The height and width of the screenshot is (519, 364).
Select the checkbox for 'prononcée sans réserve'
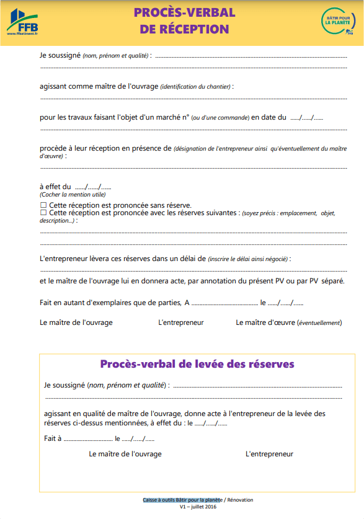tap(43, 205)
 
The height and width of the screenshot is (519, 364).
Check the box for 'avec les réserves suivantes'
tap(43, 213)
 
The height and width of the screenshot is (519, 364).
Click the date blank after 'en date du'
tap(306, 117)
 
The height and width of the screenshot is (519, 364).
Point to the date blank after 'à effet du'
tap(93, 187)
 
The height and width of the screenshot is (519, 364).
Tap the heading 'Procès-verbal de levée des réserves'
tap(197, 364)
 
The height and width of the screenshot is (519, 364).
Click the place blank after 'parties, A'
tap(224, 303)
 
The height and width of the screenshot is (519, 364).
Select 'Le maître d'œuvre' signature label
tap(288, 322)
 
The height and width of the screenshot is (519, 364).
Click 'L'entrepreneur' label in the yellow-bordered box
tap(269, 454)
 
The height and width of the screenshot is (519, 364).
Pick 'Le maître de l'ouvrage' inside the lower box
tap(125, 454)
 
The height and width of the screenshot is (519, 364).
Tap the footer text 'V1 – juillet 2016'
tap(198, 507)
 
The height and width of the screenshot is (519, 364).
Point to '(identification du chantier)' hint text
tap(196, 86)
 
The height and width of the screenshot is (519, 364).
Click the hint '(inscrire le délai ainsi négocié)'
tap(249, 259)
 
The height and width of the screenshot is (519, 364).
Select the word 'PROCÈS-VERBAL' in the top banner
tap(184, 12)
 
